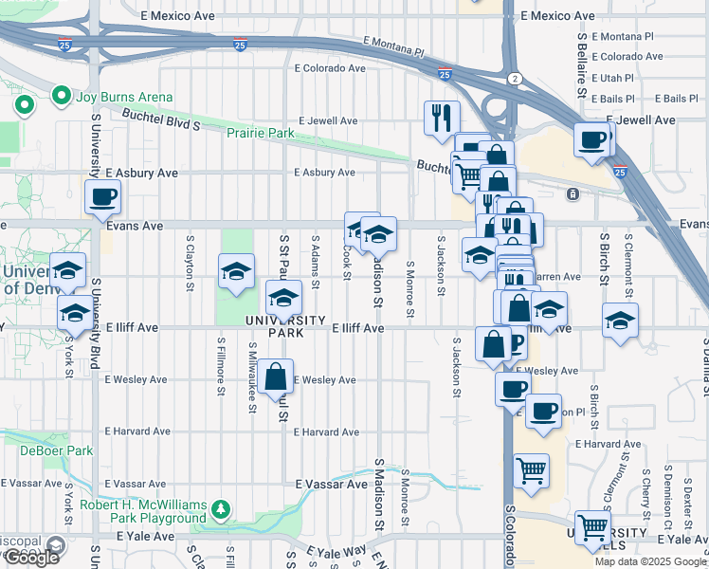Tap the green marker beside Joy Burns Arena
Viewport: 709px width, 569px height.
click(62, 97)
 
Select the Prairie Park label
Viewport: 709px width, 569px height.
click(260, 134)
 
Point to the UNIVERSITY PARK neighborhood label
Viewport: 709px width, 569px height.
click(285, 327)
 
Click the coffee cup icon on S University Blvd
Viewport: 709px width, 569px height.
click(102, 198)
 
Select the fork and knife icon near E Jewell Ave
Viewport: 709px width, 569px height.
click(441, 118)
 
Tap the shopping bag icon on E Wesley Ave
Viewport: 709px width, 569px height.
click(274, 376)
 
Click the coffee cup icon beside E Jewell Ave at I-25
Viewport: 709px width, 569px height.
click(593, 139)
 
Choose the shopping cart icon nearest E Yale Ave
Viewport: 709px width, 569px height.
click(593, 526)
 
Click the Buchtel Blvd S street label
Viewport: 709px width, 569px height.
click(162, 119)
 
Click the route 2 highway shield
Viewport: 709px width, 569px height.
click(514, 78)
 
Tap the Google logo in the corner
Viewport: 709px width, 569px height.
click(31, 558)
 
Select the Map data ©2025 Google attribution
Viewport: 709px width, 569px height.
click(650, 561)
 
